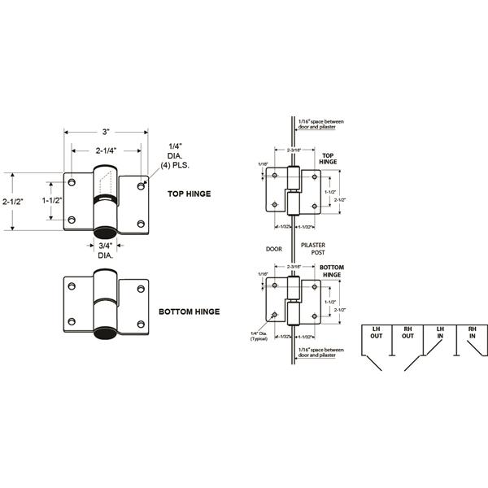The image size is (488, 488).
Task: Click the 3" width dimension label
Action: [x=107, y=133]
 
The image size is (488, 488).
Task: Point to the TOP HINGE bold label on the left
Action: [x=189, y=194]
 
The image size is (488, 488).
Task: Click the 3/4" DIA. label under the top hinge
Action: [x=106, y=250]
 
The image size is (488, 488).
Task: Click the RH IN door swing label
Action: [x=472, y=333]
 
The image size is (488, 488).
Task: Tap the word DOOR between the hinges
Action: [x=272, y=248]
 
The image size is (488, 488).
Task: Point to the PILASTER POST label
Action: [x=312, y=248]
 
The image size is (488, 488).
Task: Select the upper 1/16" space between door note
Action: [x=322, y=124]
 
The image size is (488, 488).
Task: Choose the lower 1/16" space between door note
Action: [x=322, y=352]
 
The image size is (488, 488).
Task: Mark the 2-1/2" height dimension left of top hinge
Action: [x=12, y=202]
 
